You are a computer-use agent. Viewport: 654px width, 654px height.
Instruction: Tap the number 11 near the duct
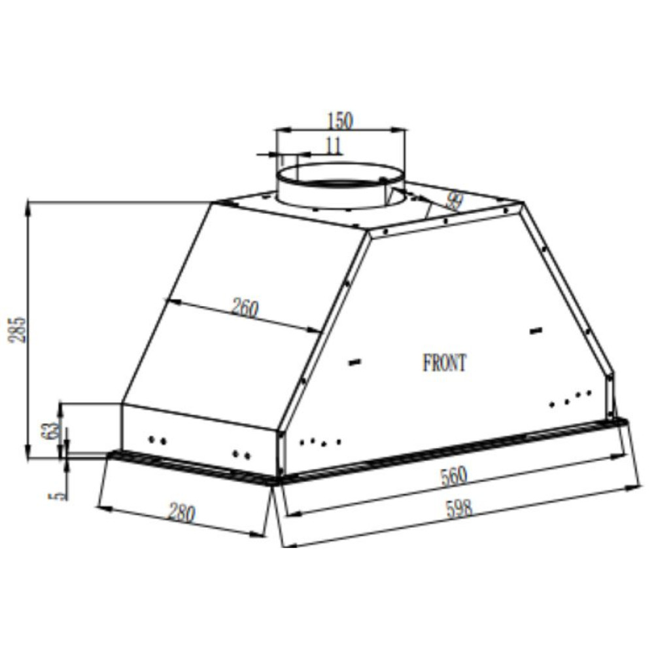pos(333,146)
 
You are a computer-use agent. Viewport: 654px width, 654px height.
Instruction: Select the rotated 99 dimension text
pos(452,201)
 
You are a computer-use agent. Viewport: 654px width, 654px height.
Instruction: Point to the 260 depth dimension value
pos(245,307)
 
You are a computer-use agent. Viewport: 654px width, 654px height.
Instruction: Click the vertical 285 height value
pos(19,330)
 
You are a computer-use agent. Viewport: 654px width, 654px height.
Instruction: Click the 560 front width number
pos(453,475)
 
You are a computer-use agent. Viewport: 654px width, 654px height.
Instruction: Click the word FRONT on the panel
pos(445,363)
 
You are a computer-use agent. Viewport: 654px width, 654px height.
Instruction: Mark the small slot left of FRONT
pos(355,362)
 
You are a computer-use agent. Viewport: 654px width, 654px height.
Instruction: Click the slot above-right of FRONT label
pos(536,332)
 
